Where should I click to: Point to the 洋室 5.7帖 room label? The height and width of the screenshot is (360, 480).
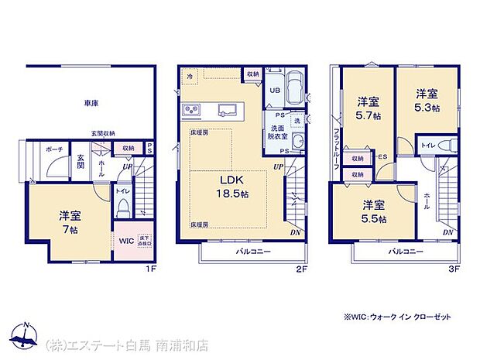coord(367,108)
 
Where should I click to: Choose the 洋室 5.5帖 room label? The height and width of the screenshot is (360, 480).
coord(374,211)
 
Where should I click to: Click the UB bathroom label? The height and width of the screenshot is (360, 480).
coord(274,90)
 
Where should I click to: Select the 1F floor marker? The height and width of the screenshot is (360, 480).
coord(153,269)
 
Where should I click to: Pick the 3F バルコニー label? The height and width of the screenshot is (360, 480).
coord(406,252)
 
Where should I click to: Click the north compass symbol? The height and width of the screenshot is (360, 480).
coord(28,334)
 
